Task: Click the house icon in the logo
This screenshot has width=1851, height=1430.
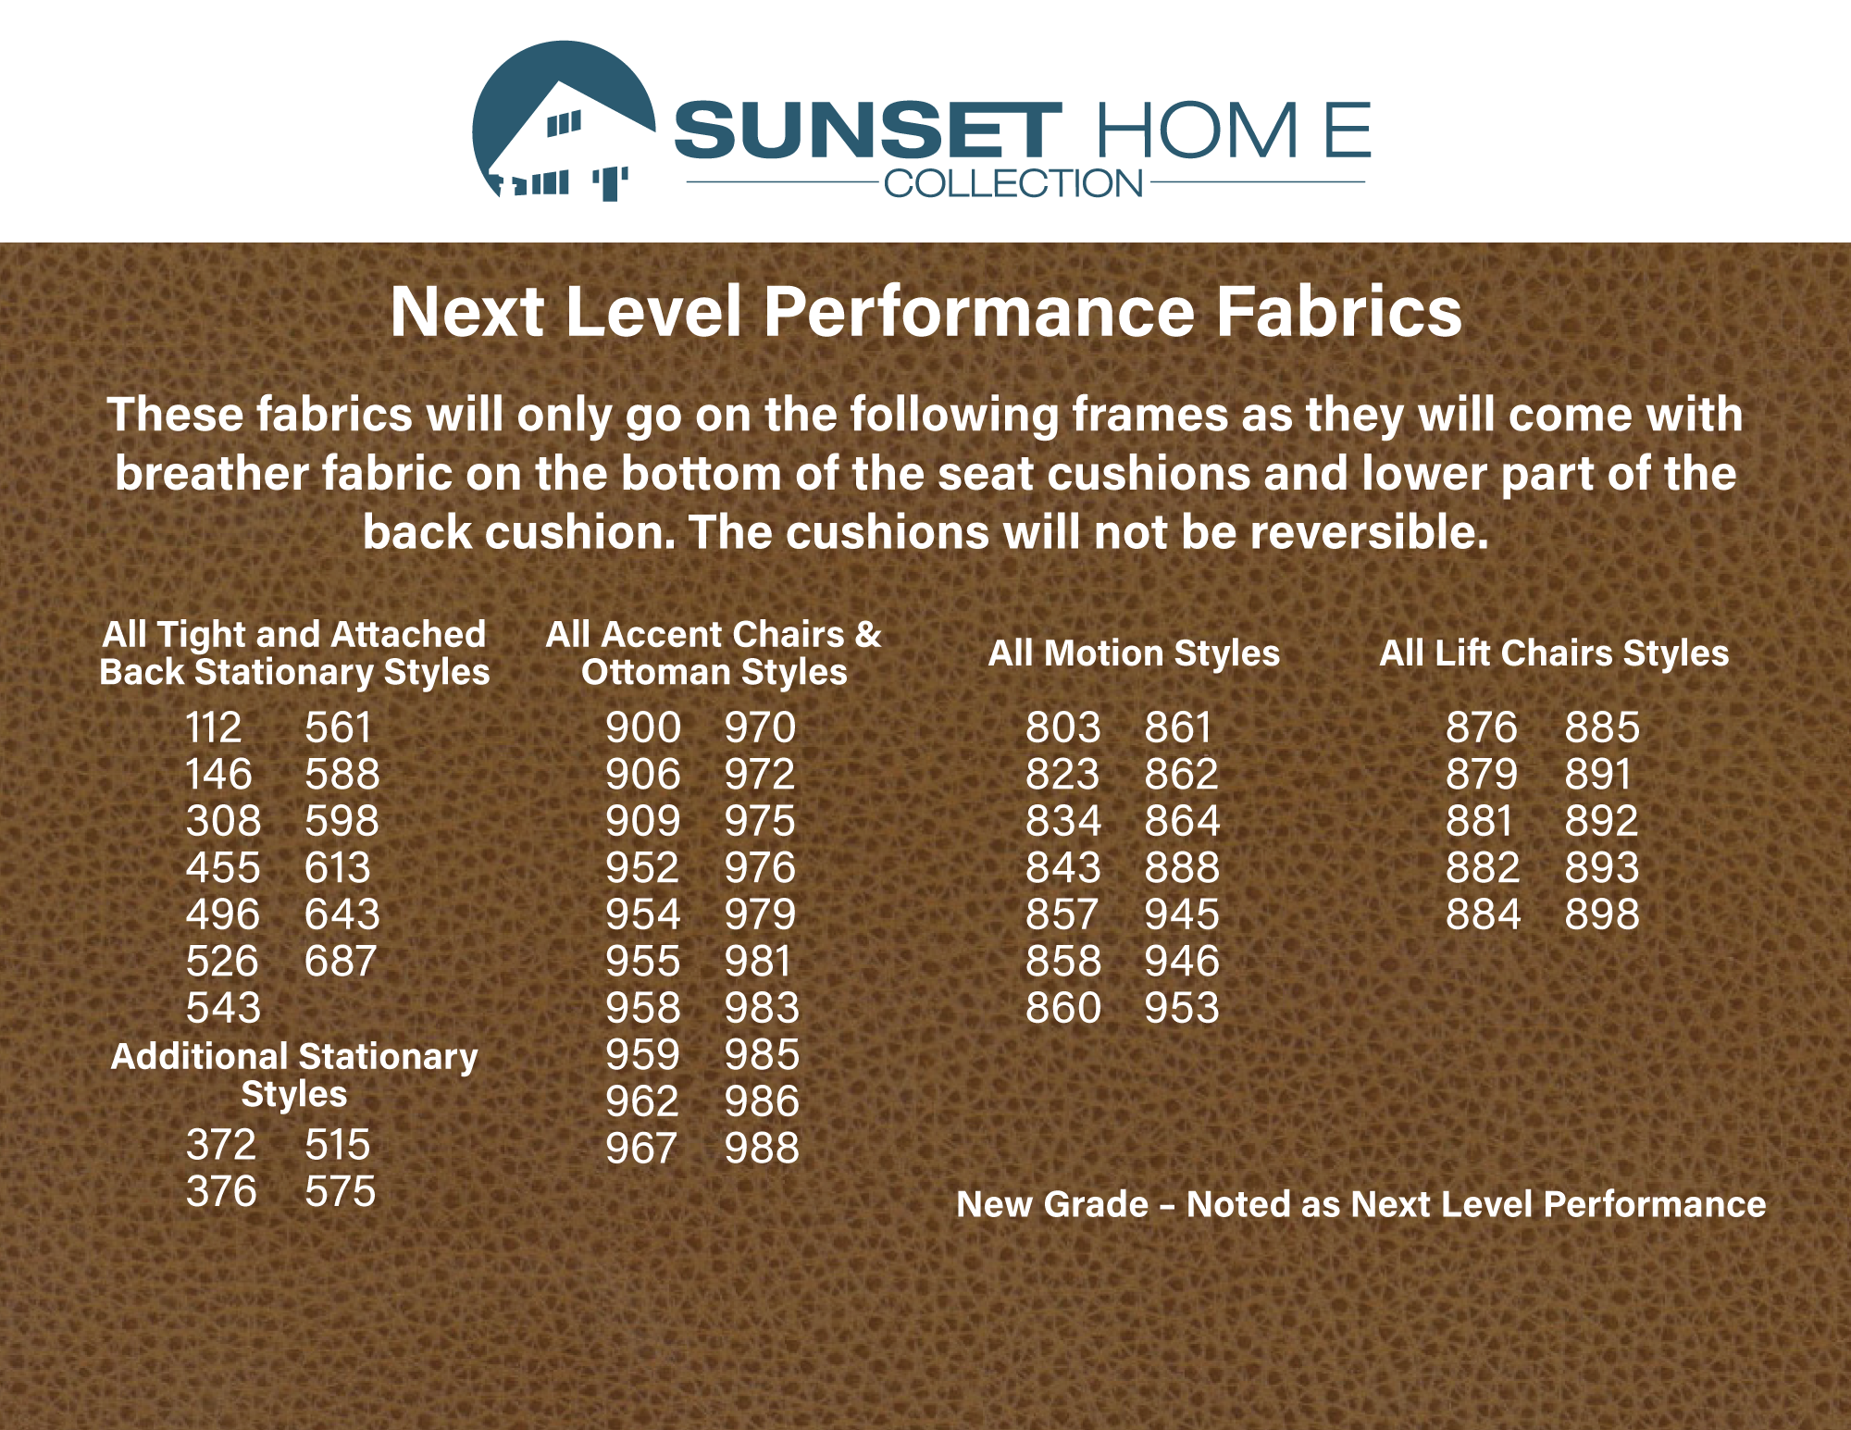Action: click(x=564, y=120)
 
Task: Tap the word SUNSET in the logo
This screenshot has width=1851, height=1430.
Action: click(x=868, y=130)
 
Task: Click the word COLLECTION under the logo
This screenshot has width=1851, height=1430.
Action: click(x=1013, y=183)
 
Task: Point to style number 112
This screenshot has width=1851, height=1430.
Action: click(x=214, y=727)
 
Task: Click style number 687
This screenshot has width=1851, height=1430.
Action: click(x=341, y=961)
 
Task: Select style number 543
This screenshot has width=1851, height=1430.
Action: click(x=224, y=1008)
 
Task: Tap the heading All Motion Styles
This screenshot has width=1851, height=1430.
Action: click(x=1134, y=653)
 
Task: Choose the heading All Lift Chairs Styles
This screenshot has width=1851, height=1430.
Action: click(x=1554, y=653)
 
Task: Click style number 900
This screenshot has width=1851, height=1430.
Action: click(x=643, y=727)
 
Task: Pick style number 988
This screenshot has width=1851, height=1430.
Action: click(x=762, y=1149)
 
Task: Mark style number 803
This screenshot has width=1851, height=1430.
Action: click(x=1063, y=727)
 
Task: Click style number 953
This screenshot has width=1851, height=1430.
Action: click(x=1182, y=1008)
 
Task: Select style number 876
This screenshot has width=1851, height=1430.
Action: click(x=1482, y=727)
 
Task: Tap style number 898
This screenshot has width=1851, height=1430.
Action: click(x=1602, y=914)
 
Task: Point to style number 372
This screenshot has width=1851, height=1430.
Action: click(x=221, y=1145)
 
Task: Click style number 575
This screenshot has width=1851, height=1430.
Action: click(x=341, y=1191)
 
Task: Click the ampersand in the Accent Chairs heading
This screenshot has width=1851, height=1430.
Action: click(x=868, y=635)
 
